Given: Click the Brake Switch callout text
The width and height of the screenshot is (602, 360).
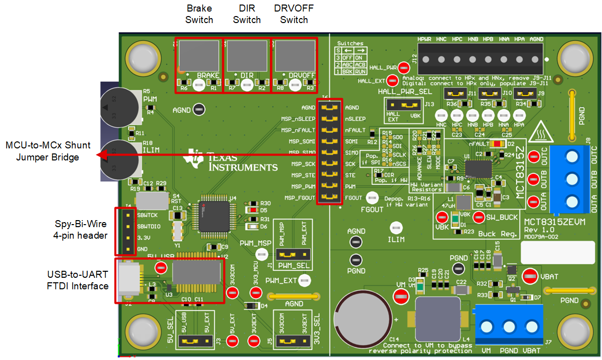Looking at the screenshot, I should coord(199,14).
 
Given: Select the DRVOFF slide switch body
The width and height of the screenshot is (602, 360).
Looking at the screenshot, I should coord(294,56).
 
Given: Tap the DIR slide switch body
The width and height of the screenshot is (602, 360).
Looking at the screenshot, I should coord(247,56).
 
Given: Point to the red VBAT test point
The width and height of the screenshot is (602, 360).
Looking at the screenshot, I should coord(530,275).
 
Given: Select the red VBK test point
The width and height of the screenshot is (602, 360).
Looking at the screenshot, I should coord(441,217).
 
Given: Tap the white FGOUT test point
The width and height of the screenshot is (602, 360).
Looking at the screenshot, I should coord(372,198).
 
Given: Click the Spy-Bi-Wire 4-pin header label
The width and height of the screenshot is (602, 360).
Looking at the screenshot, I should coord(81,229).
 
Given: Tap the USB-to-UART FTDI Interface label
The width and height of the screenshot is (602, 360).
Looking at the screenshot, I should coord(78,280).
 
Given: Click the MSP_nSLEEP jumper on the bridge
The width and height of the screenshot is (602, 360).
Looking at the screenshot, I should coord(330,119).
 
